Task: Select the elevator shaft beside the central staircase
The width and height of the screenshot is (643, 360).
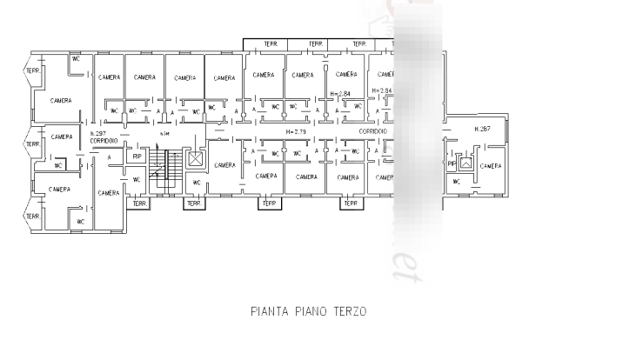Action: [196, 159]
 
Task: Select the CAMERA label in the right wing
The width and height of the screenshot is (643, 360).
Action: [491, 164]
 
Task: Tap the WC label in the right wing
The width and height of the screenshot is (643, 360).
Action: [456, 183]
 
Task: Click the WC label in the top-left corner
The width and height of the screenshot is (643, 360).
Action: [77, 60]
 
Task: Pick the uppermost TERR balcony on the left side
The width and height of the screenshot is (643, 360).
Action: [32, 70]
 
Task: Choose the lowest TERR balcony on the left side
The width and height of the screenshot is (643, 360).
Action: [32, 216]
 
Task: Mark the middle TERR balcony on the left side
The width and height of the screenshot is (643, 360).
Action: [32, 143]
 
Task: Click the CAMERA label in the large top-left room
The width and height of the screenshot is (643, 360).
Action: [60, 100]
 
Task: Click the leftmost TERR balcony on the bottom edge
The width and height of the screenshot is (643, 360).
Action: [139, 203]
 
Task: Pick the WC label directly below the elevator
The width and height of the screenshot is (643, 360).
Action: [196, 183]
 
